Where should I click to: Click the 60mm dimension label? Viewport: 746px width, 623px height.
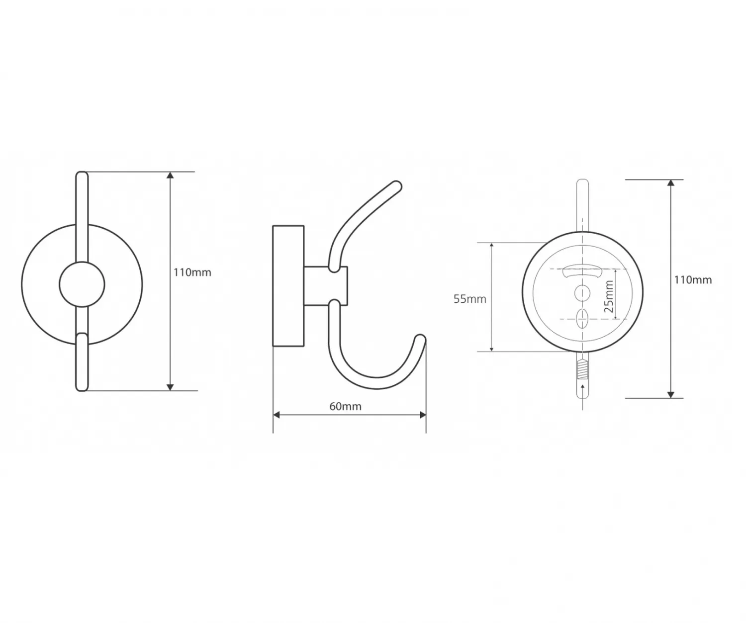(345, 407)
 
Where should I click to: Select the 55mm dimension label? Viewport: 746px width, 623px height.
(470, 299)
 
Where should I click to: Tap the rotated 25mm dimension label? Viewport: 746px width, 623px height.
(609, 296)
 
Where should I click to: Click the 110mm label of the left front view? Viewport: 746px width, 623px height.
(192, 272)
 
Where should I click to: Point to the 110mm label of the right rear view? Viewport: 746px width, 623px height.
(693, 280)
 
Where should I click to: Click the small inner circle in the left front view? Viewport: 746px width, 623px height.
(82, 284)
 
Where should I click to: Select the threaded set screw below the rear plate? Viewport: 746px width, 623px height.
(583, 369)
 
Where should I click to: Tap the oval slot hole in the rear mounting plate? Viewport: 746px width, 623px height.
(582, 318)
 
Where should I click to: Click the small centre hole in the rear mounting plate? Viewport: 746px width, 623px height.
(582, 293)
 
